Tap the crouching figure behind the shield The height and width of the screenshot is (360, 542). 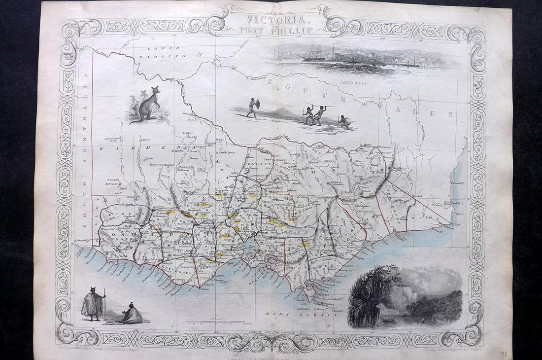(x=343, y=122)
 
